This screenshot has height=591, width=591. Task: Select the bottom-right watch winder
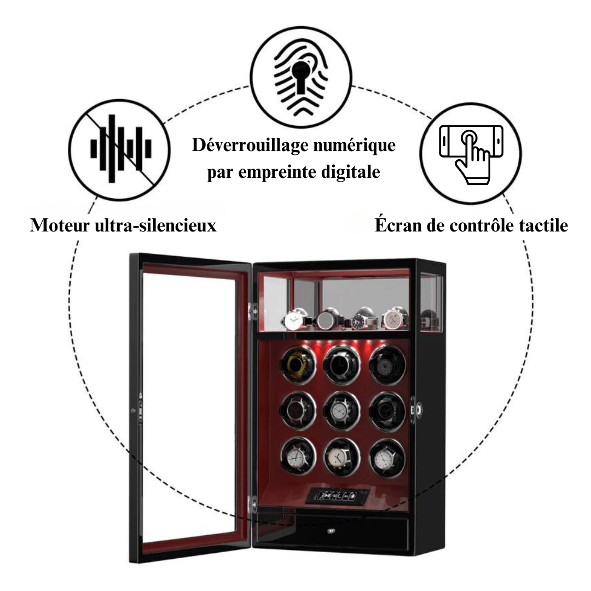387,456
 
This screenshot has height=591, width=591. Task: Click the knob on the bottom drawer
332,529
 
